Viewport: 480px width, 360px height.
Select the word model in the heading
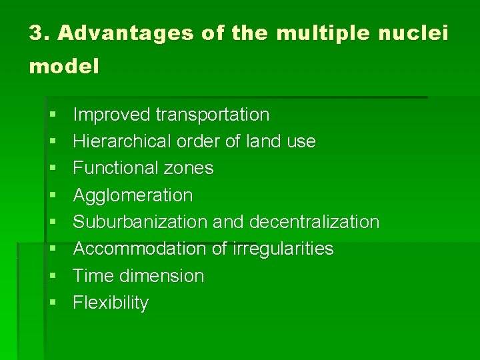tap(64, 67)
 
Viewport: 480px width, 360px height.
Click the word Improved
tap(111, 115)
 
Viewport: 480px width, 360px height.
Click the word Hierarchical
tap(122, 141)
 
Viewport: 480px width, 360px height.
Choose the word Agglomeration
tap(133, 195)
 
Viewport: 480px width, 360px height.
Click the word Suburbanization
tap(140, 222)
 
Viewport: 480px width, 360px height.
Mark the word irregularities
tap(283, 249)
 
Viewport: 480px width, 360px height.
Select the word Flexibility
tap(111, 303)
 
